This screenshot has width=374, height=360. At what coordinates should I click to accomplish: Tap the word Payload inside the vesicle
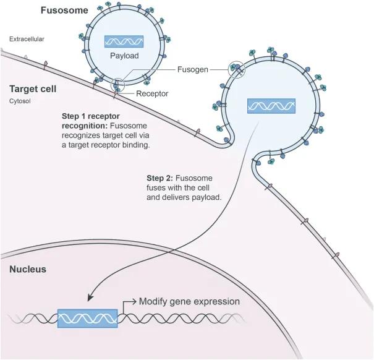click(x=124, y=56)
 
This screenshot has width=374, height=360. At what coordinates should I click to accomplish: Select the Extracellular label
click(x=27, y=40)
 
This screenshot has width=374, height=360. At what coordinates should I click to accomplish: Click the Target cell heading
click(x=33, y=89)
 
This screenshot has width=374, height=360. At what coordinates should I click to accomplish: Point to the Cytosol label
click(x=20, y=101)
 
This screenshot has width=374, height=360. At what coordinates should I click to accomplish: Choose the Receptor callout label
click(x=152, y=94)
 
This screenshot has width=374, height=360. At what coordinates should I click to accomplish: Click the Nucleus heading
click(x=27, y=270)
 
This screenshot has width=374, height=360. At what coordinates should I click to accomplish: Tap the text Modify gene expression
click(x=189, y=302)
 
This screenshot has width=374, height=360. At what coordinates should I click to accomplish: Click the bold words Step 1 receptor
click(x=90, y=116)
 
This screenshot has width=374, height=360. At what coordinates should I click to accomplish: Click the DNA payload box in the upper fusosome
click(x=124, y=42)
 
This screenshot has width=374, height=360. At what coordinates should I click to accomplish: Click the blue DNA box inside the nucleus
click(x=87, y=317)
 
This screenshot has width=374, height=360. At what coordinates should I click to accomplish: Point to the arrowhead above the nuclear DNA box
click(x=91, y=297)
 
